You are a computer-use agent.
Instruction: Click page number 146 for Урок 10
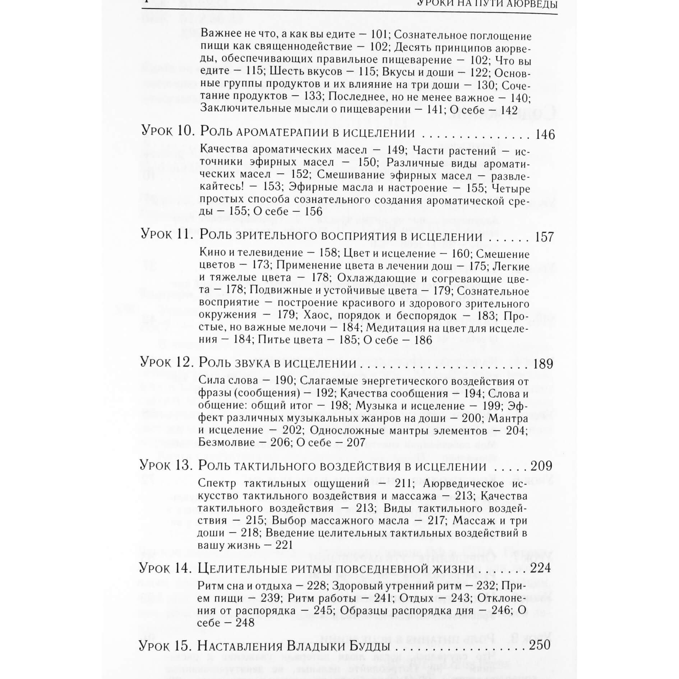click(x=545, y=135)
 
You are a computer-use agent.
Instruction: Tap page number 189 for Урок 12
click(x=543, y=364)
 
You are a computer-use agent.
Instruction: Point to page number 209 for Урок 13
click(x=541, y=466)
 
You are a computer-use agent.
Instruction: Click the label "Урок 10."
click(x=168, y=131)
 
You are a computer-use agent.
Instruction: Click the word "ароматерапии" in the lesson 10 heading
click(x=281, y=133)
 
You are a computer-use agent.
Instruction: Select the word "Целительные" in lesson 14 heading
click(x=248, y=569)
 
